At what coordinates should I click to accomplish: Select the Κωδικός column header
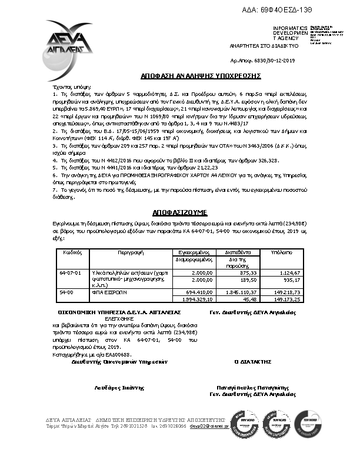click(72, 251)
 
